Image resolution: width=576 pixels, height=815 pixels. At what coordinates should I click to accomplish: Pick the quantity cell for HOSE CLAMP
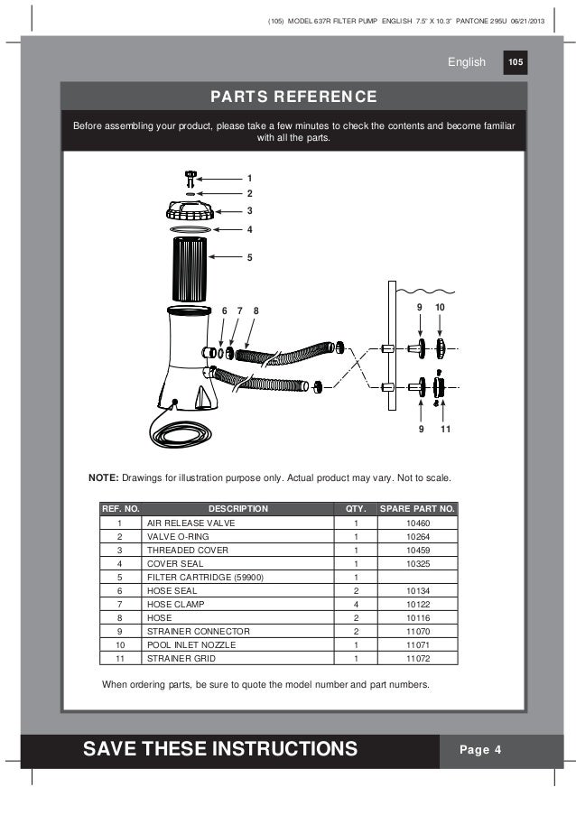[357, 604]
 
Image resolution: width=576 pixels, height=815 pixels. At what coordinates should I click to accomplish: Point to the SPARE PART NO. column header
[418, 509]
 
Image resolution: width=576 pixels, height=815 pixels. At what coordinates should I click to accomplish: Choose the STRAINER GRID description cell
[178, 658]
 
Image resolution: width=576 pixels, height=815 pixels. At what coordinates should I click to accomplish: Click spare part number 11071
[418, 644]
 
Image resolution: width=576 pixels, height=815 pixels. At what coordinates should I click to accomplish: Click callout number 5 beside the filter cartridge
[249, 258]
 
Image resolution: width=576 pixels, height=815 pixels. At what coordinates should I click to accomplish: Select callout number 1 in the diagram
[249, 178]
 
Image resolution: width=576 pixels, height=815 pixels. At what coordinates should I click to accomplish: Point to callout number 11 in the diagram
[445, 429]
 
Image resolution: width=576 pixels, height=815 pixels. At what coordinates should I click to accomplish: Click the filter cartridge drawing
[189, 269]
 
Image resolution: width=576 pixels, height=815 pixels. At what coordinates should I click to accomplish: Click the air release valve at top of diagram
[190, 176]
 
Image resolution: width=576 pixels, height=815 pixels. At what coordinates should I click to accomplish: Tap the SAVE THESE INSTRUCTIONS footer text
[220, 749]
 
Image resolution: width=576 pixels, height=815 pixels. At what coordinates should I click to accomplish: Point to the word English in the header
[467, 62]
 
